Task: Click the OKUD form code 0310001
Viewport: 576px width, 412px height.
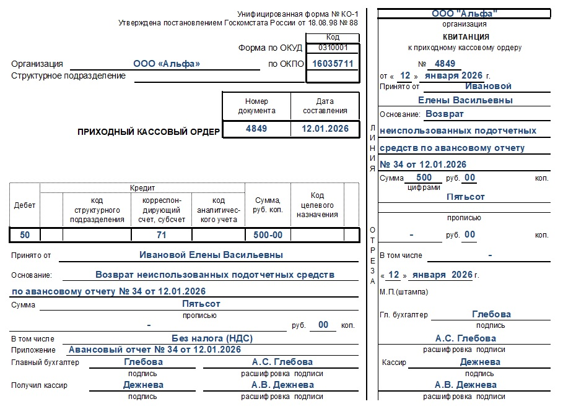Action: pyautogui.click(x=333, y=48)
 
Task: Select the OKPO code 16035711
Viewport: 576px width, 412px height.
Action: pyautogui.click(x=333, y=64)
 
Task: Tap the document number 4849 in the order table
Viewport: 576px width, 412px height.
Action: pyautogui.click(x=256, y=129)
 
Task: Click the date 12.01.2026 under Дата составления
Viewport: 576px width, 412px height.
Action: pyautogui.click(x=325, y=129)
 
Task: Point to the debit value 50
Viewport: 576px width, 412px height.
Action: pyautogui.click(x=25, y=235)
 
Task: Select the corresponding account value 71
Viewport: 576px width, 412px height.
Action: pyautogui.click(x=161, y=235)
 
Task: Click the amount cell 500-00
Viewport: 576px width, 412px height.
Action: pyautogui.click(x=268, y=235)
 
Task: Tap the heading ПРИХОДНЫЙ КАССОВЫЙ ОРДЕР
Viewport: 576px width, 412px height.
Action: pyautogui.click(x=149, y=132)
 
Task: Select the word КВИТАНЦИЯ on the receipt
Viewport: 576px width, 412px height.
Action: pyautogui.click(x=465, y=37)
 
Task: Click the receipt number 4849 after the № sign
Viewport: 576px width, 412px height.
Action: pyautogui.click(x=445, y=64)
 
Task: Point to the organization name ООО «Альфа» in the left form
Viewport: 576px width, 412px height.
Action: pyautogui.click(x=166, y=64)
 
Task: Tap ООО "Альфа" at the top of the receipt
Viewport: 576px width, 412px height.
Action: pyautogui.click(x=465, y=14)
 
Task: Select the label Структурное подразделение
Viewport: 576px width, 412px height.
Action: pyautogui.click(x=68, y=76)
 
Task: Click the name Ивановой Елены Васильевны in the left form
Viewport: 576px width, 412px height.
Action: pyautogui.click(x=211, y=255)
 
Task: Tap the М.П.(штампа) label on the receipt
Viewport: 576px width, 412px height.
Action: pyautogui.click(x=403, y=292)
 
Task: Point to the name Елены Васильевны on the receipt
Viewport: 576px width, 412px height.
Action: pyautogui.click(x=465, y=100)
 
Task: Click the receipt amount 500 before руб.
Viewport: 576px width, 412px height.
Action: pyautogui.click(x=428, y=178)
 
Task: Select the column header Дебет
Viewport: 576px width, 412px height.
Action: pyautogui.click(x=25, y=205)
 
